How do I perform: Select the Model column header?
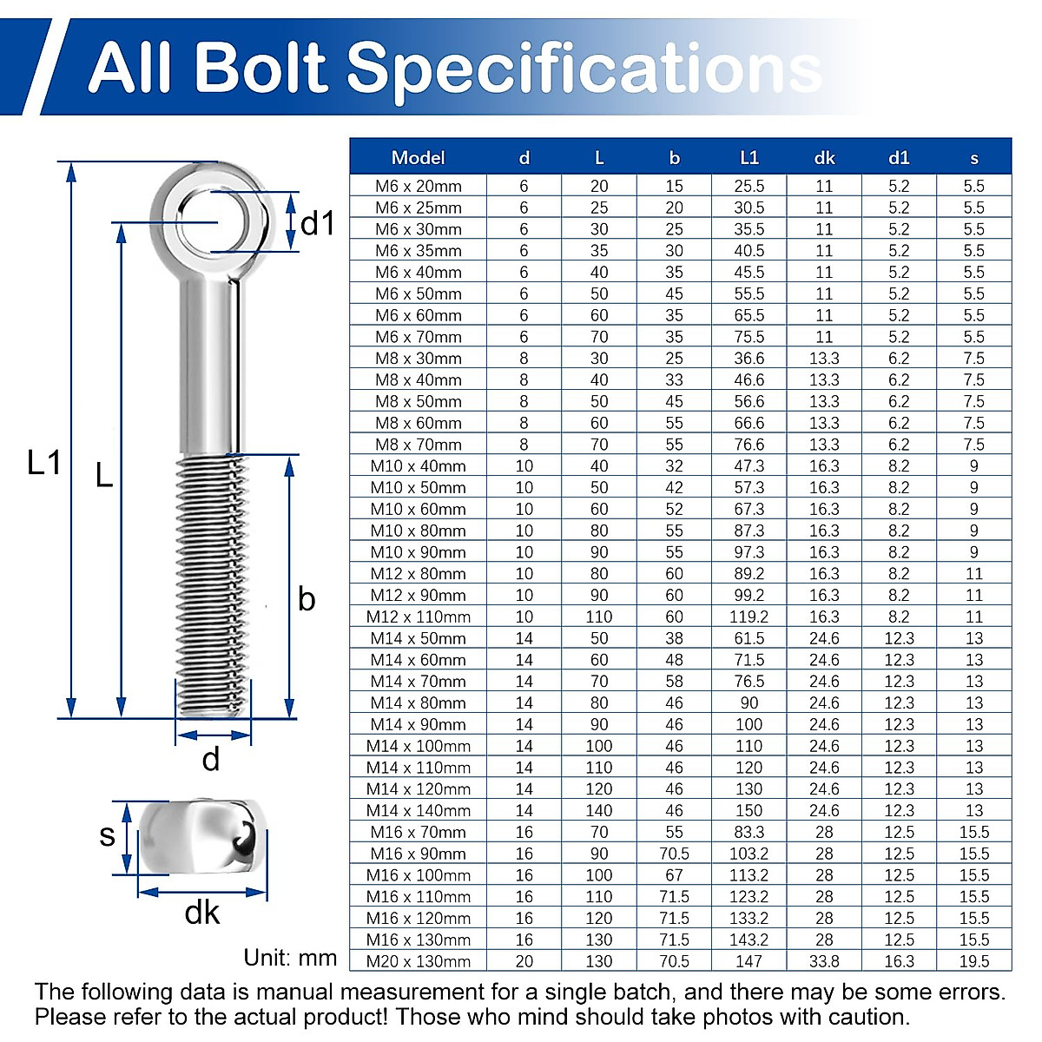click(418, 158)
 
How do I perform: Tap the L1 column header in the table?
click(749, 158)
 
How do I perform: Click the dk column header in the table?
click(824, 158)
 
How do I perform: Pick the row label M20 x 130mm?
click(418, 961)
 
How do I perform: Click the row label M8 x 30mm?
click(418, 359)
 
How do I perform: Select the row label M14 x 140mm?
click(418, 810)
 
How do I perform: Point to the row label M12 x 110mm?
click(418, 617)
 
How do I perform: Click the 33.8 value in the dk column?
click(824, 961)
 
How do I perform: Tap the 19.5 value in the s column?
click(974, 961)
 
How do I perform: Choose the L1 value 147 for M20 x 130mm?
click(749, 961)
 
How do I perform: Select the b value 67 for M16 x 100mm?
click(674, 875)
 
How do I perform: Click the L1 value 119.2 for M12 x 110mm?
click(749, 617)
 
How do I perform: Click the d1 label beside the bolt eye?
click(317, 224)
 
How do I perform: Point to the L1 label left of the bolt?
click(43, 463)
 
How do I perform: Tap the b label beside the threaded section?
click(307, 599)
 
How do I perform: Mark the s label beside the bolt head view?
click(107, 835)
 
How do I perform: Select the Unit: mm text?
click(290, 958)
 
